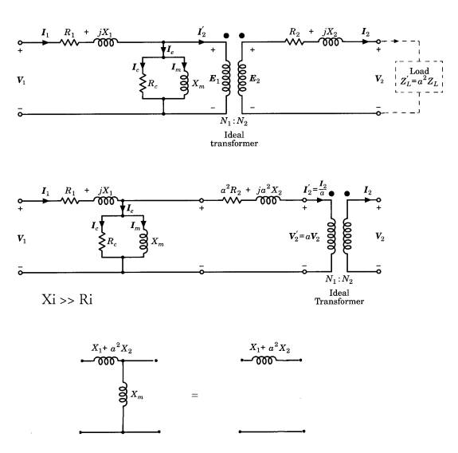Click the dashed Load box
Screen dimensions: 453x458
point(420,75)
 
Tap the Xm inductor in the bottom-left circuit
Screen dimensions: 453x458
point(122,393)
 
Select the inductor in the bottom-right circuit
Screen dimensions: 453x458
point(268,360)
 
